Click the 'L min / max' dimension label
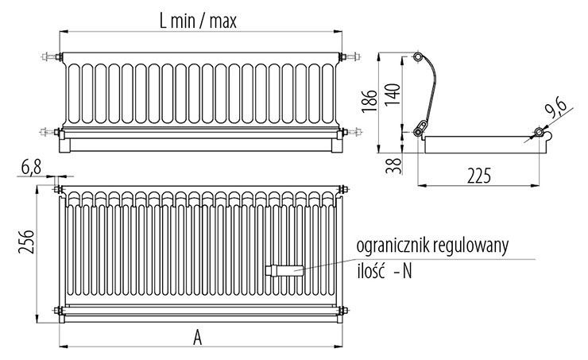click(198, 21)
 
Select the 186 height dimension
click(369, 100)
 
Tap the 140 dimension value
click(393, 95)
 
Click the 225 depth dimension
click(479, 176)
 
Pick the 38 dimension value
click(394, 165)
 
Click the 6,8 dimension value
click(31, 167)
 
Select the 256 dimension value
click(26, 242)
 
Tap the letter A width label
click(197, 338)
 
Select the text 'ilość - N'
click(385, 271)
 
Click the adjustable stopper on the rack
click(284, 270)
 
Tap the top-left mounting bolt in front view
click(51, 57)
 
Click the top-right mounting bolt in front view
click(350, 57)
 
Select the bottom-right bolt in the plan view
click(343, 311)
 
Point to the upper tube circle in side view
click(418, 57)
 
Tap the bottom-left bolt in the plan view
click(59, 311)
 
